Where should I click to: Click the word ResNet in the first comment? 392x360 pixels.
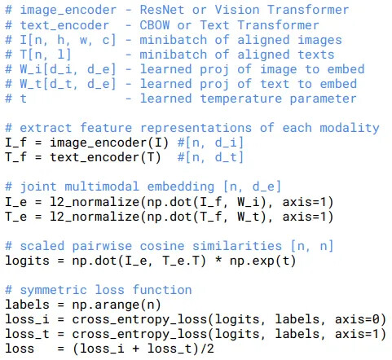coord(162,10)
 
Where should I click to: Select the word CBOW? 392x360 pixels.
coord(155,25)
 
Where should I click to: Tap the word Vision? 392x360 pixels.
coord(237,10)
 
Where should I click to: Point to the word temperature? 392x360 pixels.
coord(241,99)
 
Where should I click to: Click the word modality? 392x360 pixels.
coord(350,128)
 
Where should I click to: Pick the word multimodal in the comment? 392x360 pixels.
coord(102,187)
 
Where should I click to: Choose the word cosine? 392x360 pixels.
coord(162,246)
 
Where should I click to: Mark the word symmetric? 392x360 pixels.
coord(53,290)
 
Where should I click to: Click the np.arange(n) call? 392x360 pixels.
coord(117,305)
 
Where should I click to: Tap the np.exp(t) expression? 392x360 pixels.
coord(262,261)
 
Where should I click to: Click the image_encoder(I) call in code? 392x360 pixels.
coord(109,143)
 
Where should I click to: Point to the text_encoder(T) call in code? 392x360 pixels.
coord(105,157)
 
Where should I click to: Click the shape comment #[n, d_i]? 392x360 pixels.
coord(210,143)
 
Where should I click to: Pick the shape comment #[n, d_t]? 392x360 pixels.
coord(210,157)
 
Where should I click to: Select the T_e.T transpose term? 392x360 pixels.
coord(181,261)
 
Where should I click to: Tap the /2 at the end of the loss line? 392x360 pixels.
coord(207,349)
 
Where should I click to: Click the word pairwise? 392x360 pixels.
coord(102,246)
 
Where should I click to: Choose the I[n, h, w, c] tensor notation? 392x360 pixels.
coord(68,40)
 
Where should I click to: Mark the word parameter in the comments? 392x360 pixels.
coord(324,99)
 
